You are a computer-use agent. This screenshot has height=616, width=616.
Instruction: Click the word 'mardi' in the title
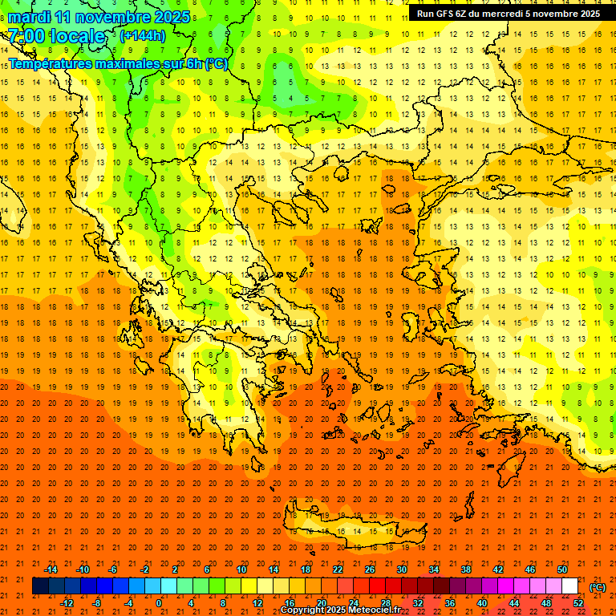pyautogui.click(x=26, y=17)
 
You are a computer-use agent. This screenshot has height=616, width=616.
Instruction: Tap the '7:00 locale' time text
pyautogui.click(x=56, y=36)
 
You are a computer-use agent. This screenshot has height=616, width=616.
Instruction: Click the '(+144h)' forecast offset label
pyautogui.click(x=143, y=35)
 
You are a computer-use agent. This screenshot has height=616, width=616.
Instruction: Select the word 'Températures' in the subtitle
pyautogui.click(x=51, y=63)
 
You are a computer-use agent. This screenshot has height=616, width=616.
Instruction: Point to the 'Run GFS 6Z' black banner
pyautogui.click(x=508, y=14)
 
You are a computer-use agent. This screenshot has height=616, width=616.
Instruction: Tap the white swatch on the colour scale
pyautogui.click(x=569, y=586)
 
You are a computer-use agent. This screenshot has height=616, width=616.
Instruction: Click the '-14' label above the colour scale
pyautogui.click(x=51, y=569)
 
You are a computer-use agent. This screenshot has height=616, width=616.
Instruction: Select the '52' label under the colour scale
pyautogui.click(x=578, y=603)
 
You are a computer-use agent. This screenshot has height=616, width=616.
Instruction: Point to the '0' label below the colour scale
pyautogui.click(x=159, y=603)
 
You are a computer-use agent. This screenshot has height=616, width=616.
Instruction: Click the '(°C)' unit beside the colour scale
pyautogui.click(x=597, y=587)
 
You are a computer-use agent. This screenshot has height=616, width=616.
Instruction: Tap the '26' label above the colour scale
pyautogui.click(x=370, y=569)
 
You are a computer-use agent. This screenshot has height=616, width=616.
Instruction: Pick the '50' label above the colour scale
pyautogui.click(x=562, y=569)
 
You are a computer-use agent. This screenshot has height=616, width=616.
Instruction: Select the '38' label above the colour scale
pyautogui.click(x=466, y=569)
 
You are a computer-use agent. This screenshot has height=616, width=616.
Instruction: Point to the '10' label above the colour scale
pyautogui.click(x=241, y=569)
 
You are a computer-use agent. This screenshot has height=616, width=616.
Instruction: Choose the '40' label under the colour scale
pyautogui.click(x=482, y=603)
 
